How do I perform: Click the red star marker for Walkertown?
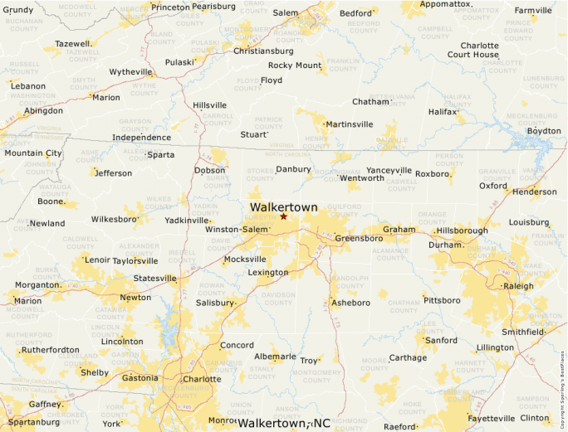tap(283, 216)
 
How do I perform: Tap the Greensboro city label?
tap(359, 239)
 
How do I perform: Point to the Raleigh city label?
tap(518, 286)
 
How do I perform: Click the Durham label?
tap(445, 245)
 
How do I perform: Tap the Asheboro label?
tap(350, 303)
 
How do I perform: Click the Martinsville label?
tap(349, 124)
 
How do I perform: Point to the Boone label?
tap(51, 201)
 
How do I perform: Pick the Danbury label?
tap(293, 169)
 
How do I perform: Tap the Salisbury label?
tap(214, 303)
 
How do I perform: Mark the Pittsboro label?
tap(441, 299)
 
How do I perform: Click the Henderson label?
tap(535, 192)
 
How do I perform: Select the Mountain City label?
tap(33, 153)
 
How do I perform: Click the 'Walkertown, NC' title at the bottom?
tap(284, 424)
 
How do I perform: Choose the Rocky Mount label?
tap(295, 66)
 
